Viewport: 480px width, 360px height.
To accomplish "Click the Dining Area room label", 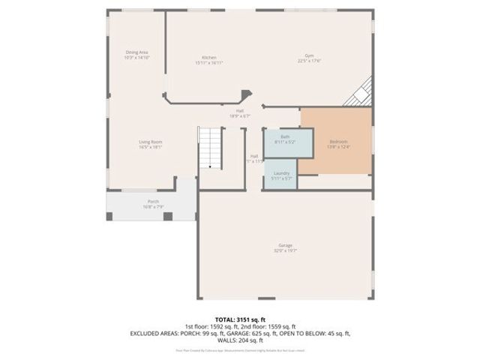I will coord(136,52).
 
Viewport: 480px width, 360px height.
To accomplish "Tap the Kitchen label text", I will coord(209,58).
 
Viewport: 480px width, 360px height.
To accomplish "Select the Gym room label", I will coord(308,57).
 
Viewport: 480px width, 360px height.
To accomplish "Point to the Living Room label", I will coord(150,142).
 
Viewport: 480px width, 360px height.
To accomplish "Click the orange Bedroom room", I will coord(337,142).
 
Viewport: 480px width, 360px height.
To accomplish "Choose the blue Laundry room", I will coord(281,175).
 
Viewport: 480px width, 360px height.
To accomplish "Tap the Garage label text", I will coord(285,245).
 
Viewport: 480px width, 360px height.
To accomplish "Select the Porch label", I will coord(153,202).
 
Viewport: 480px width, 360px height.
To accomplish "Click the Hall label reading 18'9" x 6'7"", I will coord(239,111).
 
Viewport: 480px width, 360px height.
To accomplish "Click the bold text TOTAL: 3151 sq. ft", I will coord(240,319).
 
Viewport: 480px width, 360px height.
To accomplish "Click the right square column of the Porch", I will coord(168,216).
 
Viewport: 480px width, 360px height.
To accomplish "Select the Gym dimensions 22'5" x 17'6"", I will coord(308,61).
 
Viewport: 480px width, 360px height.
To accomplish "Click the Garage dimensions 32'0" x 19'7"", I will coord(285,250).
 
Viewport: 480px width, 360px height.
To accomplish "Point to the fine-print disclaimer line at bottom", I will coord(240,349).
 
